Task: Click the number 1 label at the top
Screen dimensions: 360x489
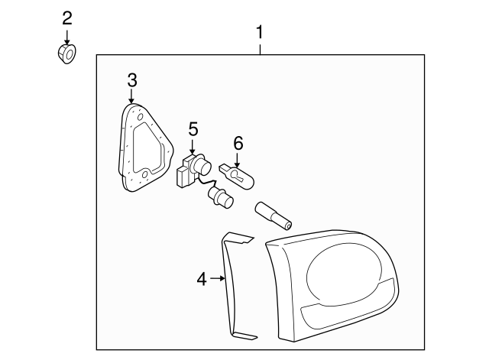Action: [260, 33]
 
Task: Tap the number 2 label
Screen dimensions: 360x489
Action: [67, 17]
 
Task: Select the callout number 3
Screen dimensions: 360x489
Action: [131, 79]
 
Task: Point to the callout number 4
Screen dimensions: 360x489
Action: [202, 280]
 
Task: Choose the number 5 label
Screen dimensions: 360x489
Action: [193, 130]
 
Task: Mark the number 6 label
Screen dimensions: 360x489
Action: [238, 142]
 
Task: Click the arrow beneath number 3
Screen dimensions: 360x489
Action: [131, 96]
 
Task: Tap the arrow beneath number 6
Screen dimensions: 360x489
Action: [238, 159]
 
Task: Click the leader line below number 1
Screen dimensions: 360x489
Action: [260, 48]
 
